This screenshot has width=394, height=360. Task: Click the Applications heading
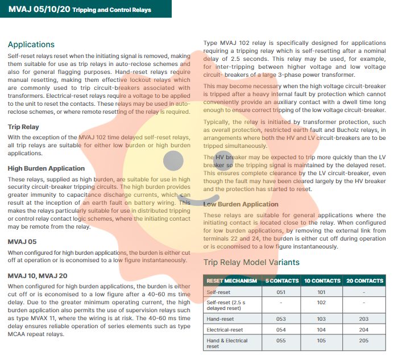(31, 44)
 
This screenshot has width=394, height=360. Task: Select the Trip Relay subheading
(23, 127)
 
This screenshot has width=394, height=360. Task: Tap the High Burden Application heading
(46, 168)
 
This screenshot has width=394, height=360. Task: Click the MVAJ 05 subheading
(22, 242)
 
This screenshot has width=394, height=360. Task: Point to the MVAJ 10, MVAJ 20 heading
(38, 275)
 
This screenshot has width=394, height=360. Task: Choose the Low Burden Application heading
(240, 204)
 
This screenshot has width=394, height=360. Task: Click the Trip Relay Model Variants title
(251, 262)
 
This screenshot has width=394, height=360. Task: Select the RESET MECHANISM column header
(231, 281)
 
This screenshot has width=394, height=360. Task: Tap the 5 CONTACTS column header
(281, 281)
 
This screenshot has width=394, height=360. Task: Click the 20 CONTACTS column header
(364, 281)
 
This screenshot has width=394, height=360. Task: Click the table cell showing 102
(322, 303)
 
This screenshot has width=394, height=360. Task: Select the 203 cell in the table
(364, 319)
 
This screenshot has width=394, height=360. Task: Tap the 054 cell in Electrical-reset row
(281, 329)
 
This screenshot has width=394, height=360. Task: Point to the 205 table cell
(364, 342)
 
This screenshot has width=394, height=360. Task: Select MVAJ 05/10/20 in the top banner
(39, 10)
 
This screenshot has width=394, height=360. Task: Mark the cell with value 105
(322, 342)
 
